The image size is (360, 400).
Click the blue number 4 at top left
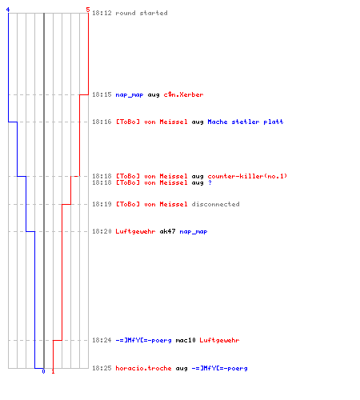tap(8, 10)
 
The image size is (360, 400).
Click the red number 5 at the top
tap(88, 10)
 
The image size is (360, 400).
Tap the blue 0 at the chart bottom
tap(43, 371)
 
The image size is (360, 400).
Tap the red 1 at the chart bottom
tap(53, 371)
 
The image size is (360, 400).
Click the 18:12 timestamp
tap(102, 13)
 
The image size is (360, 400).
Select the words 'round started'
tap(142, 13)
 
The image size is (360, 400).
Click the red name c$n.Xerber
tap(183, 94)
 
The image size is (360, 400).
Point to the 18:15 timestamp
tap(102, 94)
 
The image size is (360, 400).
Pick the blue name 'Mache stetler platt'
tap(246, 122)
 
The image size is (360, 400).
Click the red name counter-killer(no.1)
tap(247, 176)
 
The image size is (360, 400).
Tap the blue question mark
tap(210, 182)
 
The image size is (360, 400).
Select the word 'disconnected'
tap(215, 204)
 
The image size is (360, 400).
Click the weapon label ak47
tap(167, 231)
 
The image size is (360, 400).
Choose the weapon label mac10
tap(186, 340)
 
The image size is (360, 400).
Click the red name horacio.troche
tap(143, 368)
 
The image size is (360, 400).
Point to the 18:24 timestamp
tap(102, 340)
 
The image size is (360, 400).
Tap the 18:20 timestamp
tap(102, 231)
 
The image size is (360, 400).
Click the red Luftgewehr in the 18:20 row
tap(135, 231)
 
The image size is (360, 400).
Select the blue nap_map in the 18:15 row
tap(130, 95)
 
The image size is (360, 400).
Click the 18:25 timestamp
tap(102, 368)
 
